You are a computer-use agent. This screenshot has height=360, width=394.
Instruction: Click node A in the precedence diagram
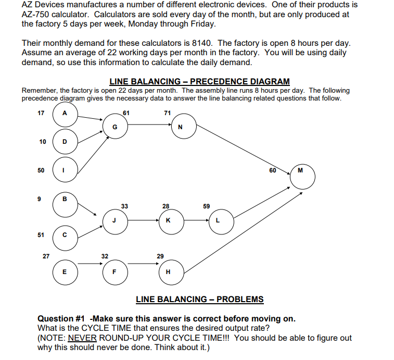(x=64, y=113)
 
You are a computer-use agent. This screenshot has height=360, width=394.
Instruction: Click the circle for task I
(x=64, y=170)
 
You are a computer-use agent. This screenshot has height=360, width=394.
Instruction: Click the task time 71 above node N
(x=167, y=113)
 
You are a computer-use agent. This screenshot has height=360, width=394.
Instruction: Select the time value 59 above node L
(x=207, y=206)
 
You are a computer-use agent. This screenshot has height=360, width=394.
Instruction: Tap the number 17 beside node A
(x=41, y=113)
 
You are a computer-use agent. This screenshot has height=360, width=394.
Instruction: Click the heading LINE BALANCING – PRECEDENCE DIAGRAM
(x=199, y=81)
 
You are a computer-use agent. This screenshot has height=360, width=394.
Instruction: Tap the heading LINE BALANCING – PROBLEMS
(x=199, y=299)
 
